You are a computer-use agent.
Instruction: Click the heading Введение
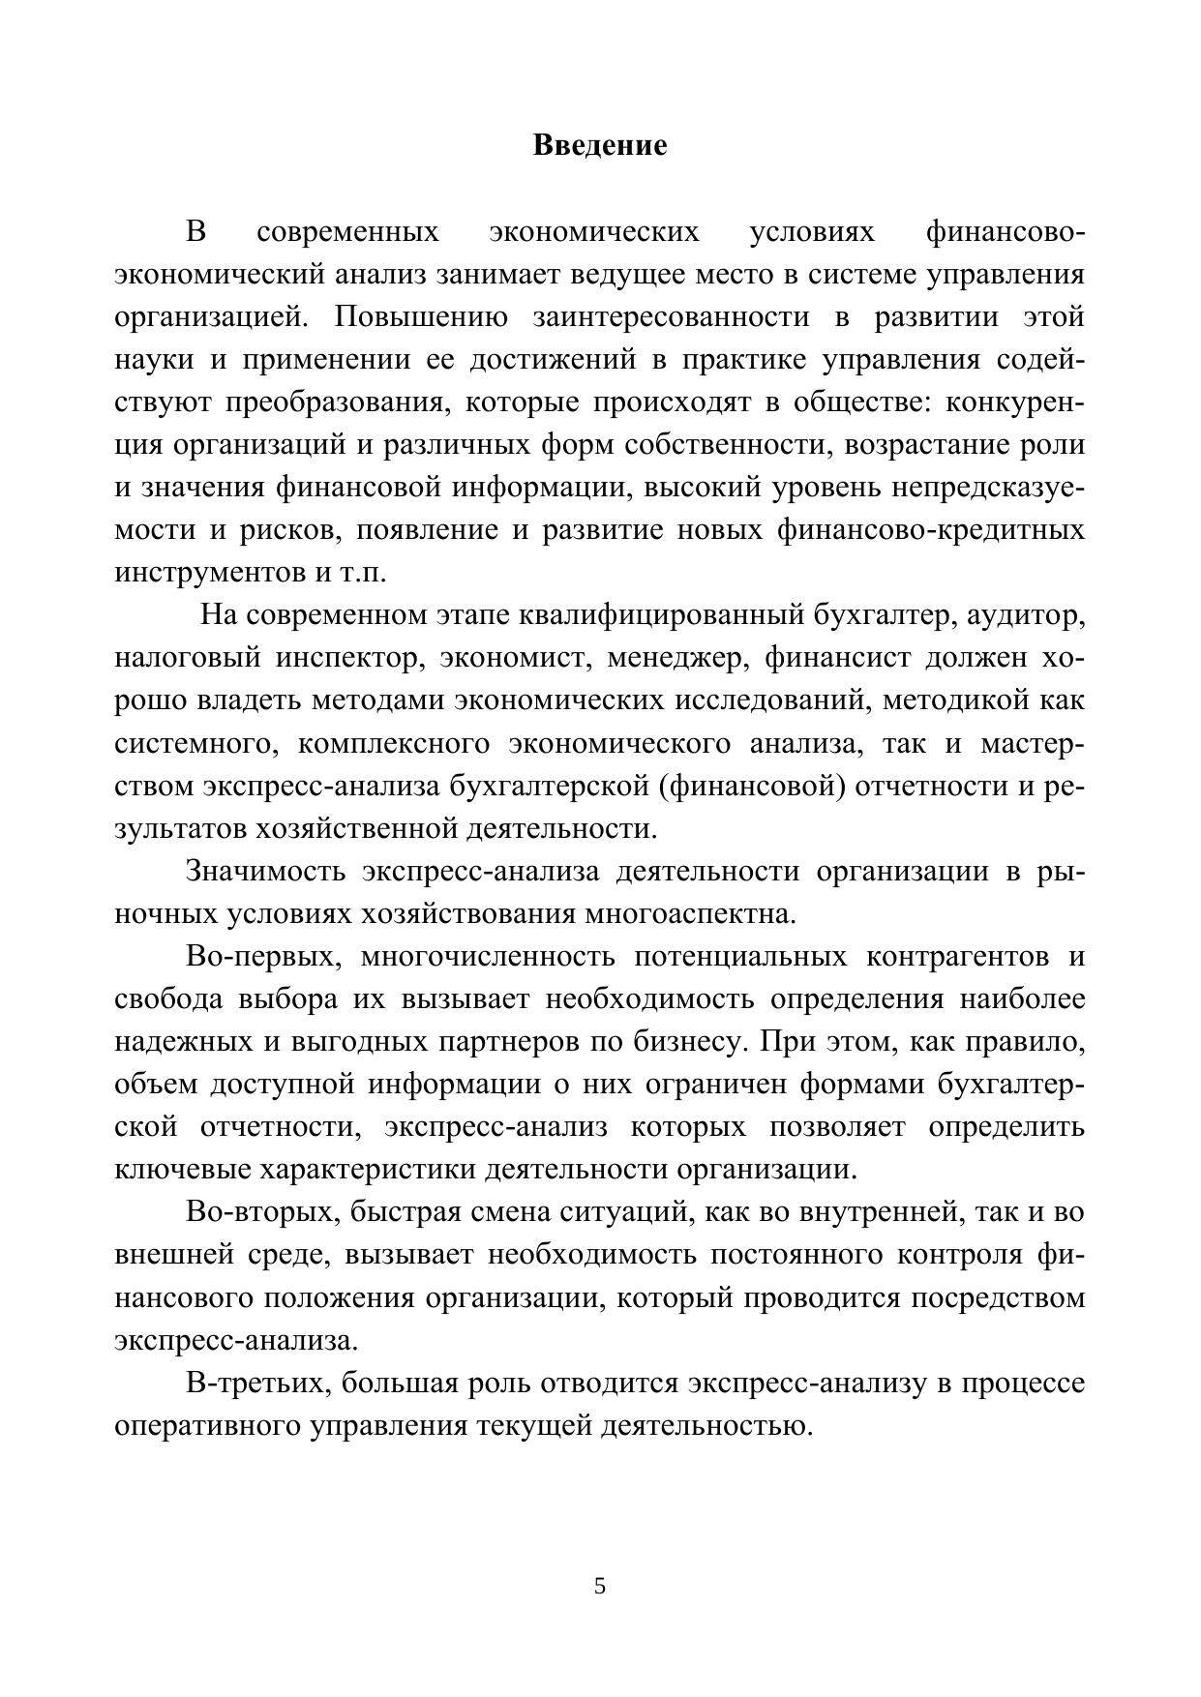point(600,146)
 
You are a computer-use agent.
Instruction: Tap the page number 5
point(600,1586)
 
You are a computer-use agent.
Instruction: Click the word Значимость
point(265,871)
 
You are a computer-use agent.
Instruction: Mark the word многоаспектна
point(690,913)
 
